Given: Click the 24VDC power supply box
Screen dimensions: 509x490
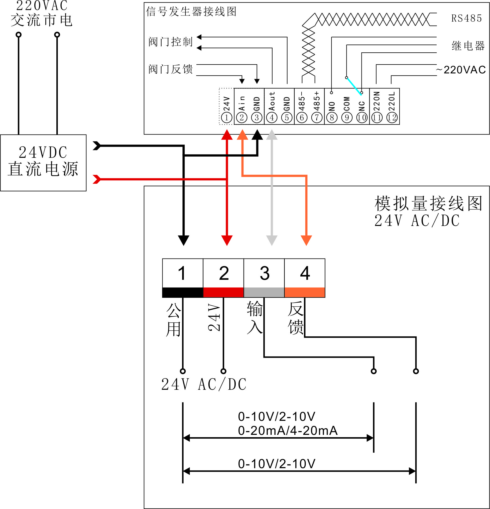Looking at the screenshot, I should pyautogui.click(x=43, y=163).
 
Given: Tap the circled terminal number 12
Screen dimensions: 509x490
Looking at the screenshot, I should pyautogui.click(x=392, y=118).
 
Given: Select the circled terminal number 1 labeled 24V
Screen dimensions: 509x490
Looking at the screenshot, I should pyautogui.click(x=226, y=118).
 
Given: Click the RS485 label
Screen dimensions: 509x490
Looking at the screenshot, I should pyautogui.click(x=466, y=19).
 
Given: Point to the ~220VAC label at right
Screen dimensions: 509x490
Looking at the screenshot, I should pyautogui.click(x=461, y=70).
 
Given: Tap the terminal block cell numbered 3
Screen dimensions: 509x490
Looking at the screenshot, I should pyautogui.click(x=264, y=273).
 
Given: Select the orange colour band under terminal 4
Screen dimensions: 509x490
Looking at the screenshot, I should pyautogui.click(x=305, y=292).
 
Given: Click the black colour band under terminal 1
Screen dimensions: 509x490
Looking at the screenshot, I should pyautogui.click(x=183, y=292).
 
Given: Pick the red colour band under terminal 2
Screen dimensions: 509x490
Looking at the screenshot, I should pyautogui.click(x=223, y=292).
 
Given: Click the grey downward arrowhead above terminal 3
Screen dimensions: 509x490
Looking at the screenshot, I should pyautogui.click(x=272, y=240).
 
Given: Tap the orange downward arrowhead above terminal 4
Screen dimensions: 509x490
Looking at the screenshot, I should pyautogui.click(x=306, y=240).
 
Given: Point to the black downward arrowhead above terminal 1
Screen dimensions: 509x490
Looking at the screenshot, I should pyautogui.click(x=183, y=240).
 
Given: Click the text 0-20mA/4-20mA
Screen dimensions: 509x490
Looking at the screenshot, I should pyautogui.click(x=288, y=431).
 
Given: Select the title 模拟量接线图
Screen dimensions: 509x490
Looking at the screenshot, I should pyautogui.click(x=428, y=203).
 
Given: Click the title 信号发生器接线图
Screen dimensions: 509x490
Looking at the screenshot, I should pyautogui.click(x=191, y=12).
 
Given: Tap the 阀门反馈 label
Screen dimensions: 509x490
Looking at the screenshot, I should pyautogui.click(x=171, y=69).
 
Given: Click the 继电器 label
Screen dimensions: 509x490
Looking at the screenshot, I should pyautogui.click(x=468, y=46).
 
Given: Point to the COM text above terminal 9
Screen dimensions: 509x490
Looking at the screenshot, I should pyautogui.click(x=347, y=104).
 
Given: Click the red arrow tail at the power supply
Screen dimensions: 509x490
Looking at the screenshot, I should pyautogui.click(x=97, y=179).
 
